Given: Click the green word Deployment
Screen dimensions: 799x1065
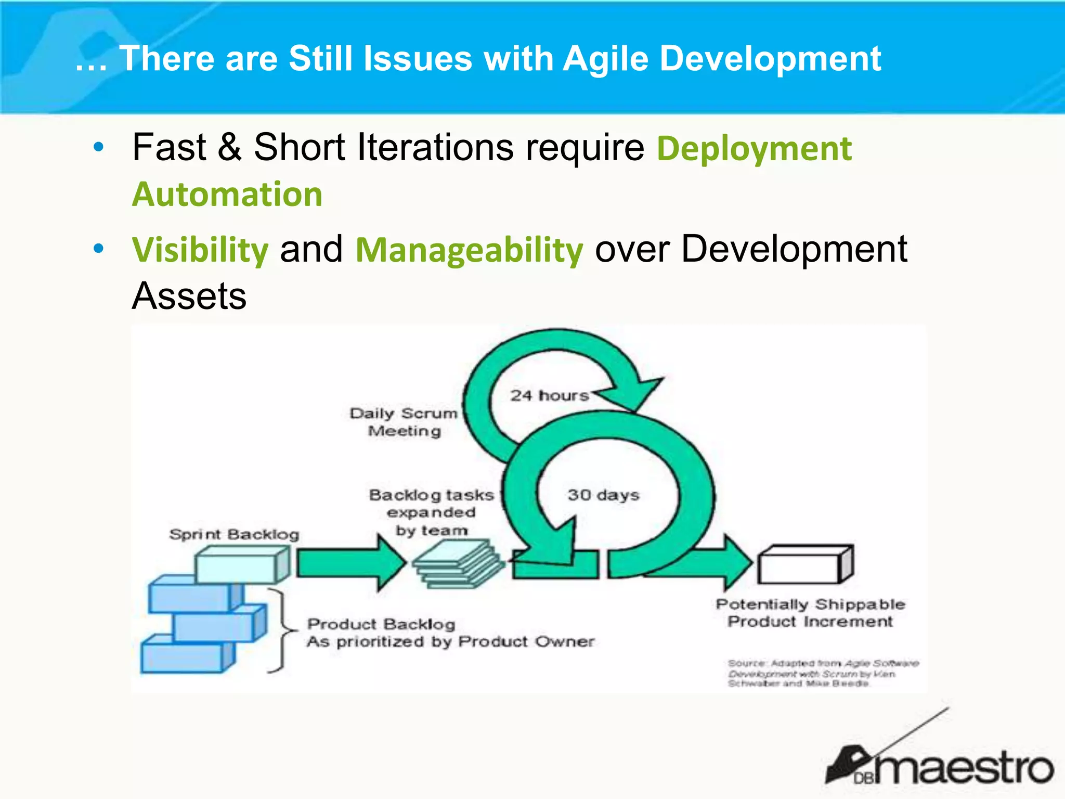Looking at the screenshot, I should click(x=754, y=149).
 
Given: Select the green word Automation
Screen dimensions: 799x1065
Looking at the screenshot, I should click(x=227, y=195).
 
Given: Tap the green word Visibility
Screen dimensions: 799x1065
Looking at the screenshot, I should click(x=200, y=250).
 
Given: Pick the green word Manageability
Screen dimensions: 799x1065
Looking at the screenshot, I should click(x=469, y=250).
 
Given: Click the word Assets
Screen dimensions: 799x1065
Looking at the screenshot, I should click(x=189, y=296).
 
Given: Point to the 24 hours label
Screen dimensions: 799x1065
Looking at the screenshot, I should click(x=549, y=395).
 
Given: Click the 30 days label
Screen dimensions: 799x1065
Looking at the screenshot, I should click(x=603, y=495).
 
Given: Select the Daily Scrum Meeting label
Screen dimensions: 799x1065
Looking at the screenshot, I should click(x=404, y=422).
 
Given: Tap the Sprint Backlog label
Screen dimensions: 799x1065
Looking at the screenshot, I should click(x=234, y=534).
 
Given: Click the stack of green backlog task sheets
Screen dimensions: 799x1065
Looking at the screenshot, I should click(x=458, y=565).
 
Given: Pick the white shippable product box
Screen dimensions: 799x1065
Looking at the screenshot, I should click(x=803, y=565).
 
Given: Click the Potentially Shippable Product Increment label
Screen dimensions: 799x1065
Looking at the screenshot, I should click(x=810, y=613).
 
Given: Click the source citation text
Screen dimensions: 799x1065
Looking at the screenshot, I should click(x=822, y=673).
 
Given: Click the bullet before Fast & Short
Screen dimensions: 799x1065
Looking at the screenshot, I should click(x=98, y=148).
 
